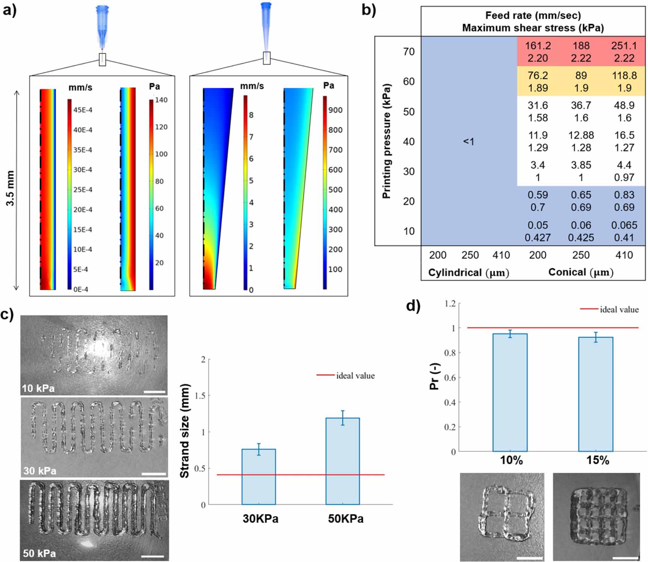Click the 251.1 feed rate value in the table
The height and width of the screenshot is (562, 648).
pyautogui.click(x=624, y=46)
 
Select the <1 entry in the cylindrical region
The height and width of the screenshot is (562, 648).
pyautogui.click(x=468, y=142)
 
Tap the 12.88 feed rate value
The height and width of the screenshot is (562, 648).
pyautogui.click(x=581, y=135)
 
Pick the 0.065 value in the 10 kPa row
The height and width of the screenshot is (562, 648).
pyautogui.click(x=624, y=225)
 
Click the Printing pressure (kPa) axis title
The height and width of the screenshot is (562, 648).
pyautogui.click(x=387, y=141)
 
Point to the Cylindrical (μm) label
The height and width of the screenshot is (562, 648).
pyautogui.click(x=468, y=273)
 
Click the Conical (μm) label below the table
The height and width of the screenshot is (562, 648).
pyautogui.click(x=580, y=272)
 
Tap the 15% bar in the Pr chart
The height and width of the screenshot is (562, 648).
pyautogui.click(x=595, y=394)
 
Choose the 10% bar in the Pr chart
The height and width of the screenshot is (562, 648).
pyautogui.click(x=510, y=392)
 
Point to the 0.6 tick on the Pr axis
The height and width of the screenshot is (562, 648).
pyautogui.click(x=450, y=378)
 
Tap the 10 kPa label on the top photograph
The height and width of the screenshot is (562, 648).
pyautogui.click(x=38, y=388)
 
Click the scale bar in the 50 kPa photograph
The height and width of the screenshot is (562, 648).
pyautogui.click(x=153, y=556)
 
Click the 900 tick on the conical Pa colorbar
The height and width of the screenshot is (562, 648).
pyautogui.click(x=335, y=110)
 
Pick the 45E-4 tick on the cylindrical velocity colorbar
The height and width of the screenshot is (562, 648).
pyautogui.click(x=83, y=110)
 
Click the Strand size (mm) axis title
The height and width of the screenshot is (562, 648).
pyautogui.click(x=184, y=431)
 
